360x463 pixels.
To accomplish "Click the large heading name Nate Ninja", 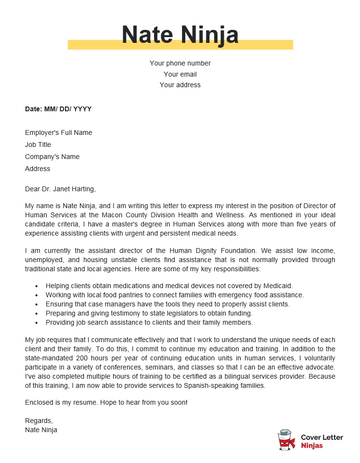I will pos(180,35).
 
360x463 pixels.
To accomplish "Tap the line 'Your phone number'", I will pos(180,63).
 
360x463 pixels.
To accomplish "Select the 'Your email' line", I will pos(180,74).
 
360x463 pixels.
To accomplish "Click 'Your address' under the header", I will pos(180,85).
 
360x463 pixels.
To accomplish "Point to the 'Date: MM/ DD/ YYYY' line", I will pos(58,109).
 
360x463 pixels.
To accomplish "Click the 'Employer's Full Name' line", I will pos(58,132).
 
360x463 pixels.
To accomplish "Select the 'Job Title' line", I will pos(38,145).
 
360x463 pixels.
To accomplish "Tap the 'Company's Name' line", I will pos(52,157).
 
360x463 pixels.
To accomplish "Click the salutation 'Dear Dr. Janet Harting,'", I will pos(60,189).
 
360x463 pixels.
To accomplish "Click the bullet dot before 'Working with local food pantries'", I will pos(37,295).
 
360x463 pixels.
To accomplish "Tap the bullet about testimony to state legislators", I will pos(149,313).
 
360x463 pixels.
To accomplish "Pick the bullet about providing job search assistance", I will pos(149,322).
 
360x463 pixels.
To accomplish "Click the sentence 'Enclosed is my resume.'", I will pos(61,402).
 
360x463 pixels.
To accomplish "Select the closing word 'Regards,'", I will pos(39,421).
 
